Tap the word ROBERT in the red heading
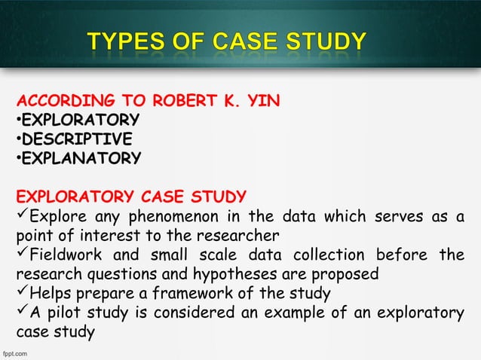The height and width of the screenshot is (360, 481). coord(191,102)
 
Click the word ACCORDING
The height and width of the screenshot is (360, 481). coord(60,102)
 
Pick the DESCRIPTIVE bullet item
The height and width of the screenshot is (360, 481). coord(76,139)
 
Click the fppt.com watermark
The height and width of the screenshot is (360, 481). coord(15,352)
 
